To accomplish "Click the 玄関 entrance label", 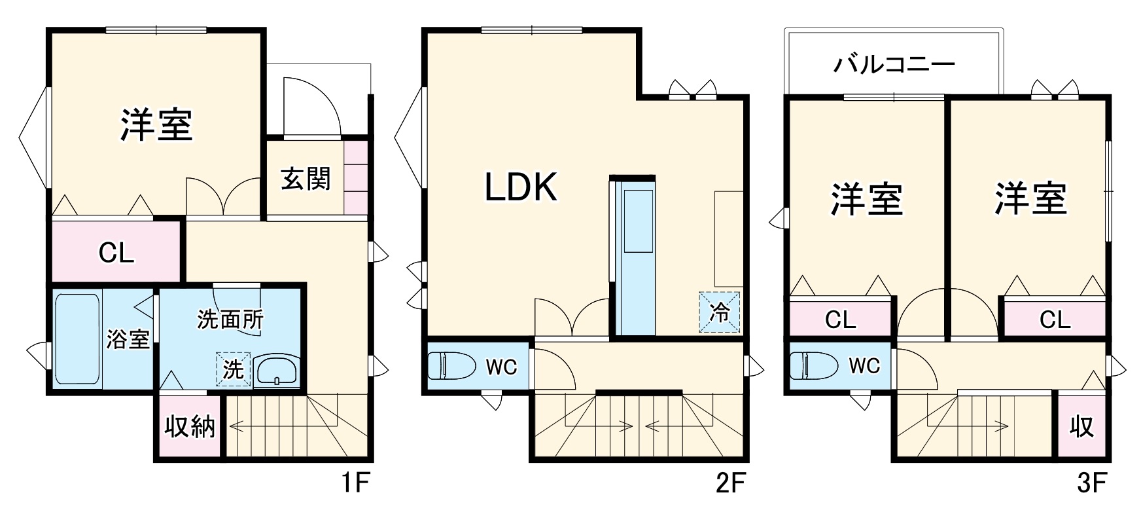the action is pos(306,179).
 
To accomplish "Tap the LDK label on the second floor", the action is pos(521,187).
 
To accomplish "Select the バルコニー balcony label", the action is pos(894,64).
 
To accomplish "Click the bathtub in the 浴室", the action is pos(77,339).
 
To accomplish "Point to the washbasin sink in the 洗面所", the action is pos(277,371).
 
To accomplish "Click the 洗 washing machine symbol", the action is pos(234,370).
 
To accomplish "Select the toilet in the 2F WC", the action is pos(452,365).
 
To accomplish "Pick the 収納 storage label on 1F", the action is pos(189,427).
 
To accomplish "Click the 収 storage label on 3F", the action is pos(1082,427).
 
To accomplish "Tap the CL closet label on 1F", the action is pos(116,252).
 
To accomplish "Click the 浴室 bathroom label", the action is pos(129,339).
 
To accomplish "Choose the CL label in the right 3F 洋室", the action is pos(1055,320).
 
